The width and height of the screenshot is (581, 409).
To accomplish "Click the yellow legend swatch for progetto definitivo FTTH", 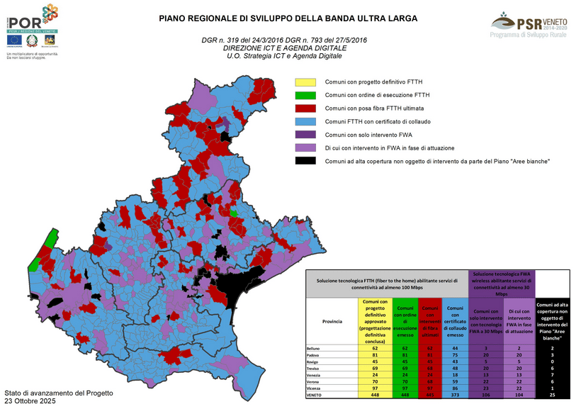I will pyautogui.click(x=305, y=82).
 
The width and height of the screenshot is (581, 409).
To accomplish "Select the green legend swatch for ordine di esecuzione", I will pyautogui.click(x=305, y=95).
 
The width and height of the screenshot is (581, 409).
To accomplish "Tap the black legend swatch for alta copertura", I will pyautogui.click(x=305, y=162).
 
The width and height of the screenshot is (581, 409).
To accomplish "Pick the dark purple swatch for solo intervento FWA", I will pyautogui.click(x=305, y=135).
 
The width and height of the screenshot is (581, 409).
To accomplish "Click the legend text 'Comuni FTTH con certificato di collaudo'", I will pyautogui.click(x=378, y=122).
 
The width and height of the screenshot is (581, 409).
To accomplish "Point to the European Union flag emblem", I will pyautogui.click(x=13, y=47).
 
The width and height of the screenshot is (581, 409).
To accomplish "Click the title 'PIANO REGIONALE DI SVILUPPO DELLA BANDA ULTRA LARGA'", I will pyautogui.click(x=288, y=18).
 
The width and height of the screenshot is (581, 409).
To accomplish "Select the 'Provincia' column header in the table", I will pyautogui.click(x=322, y=321).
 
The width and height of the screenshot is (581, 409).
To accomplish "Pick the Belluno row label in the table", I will pyautogui.click(x=314, y=349).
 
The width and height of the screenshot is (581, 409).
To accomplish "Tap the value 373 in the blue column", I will pyautogui.click(x=453, y=396).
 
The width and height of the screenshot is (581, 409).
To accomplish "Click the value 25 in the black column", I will pyautogui.click(x=551, y=396).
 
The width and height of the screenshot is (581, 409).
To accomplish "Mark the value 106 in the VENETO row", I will pyautogui.click(x=485, y=396).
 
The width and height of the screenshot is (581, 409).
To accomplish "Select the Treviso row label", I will pyautogui.click(x=314, y=369).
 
